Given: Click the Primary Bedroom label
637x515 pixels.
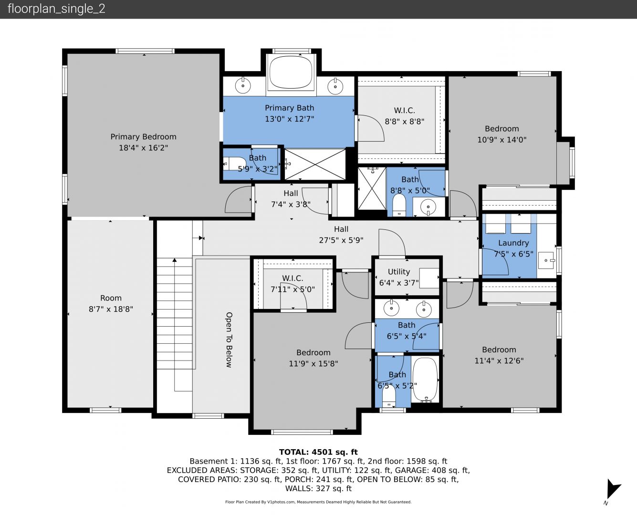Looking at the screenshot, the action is pyautogui.click(x=143, y=137).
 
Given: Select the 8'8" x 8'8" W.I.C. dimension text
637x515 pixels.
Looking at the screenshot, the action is pyautogui.click(x=404, y=122).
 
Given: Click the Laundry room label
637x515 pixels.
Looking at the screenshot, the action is pyautogui.click(x=513, y=243).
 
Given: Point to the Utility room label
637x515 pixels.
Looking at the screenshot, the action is pyautogui.click(x=398, y=272).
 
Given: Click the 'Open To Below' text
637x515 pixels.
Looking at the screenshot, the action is pyautogui.click(x=229, y=340).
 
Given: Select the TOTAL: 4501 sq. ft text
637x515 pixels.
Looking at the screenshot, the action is pyautogui.click(x=318, y=452).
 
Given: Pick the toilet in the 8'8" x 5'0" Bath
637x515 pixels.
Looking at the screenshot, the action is pyautogui.click(x=398, y=205).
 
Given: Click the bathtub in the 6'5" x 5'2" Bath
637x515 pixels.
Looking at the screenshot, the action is pyautogui.click(x=425, y=380).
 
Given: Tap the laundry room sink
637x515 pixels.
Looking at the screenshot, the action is pyautogui.click(x=546, y=260).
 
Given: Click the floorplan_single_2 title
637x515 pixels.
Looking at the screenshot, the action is pyautogui.click(x=56, y=9).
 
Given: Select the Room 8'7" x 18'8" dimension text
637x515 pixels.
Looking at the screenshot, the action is pyautogui.click(x=111, y=309).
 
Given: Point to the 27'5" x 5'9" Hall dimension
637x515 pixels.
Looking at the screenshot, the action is pyautogui.click(x=341, y=240).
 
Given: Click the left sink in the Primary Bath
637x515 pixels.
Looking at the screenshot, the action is pyautogui.click(x=242, y=86).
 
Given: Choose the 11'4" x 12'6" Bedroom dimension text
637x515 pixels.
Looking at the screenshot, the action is pyautogui.click(x=499, y=361).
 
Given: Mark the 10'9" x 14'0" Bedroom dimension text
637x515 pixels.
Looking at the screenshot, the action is pyautogui.click(x=501, y=140).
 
